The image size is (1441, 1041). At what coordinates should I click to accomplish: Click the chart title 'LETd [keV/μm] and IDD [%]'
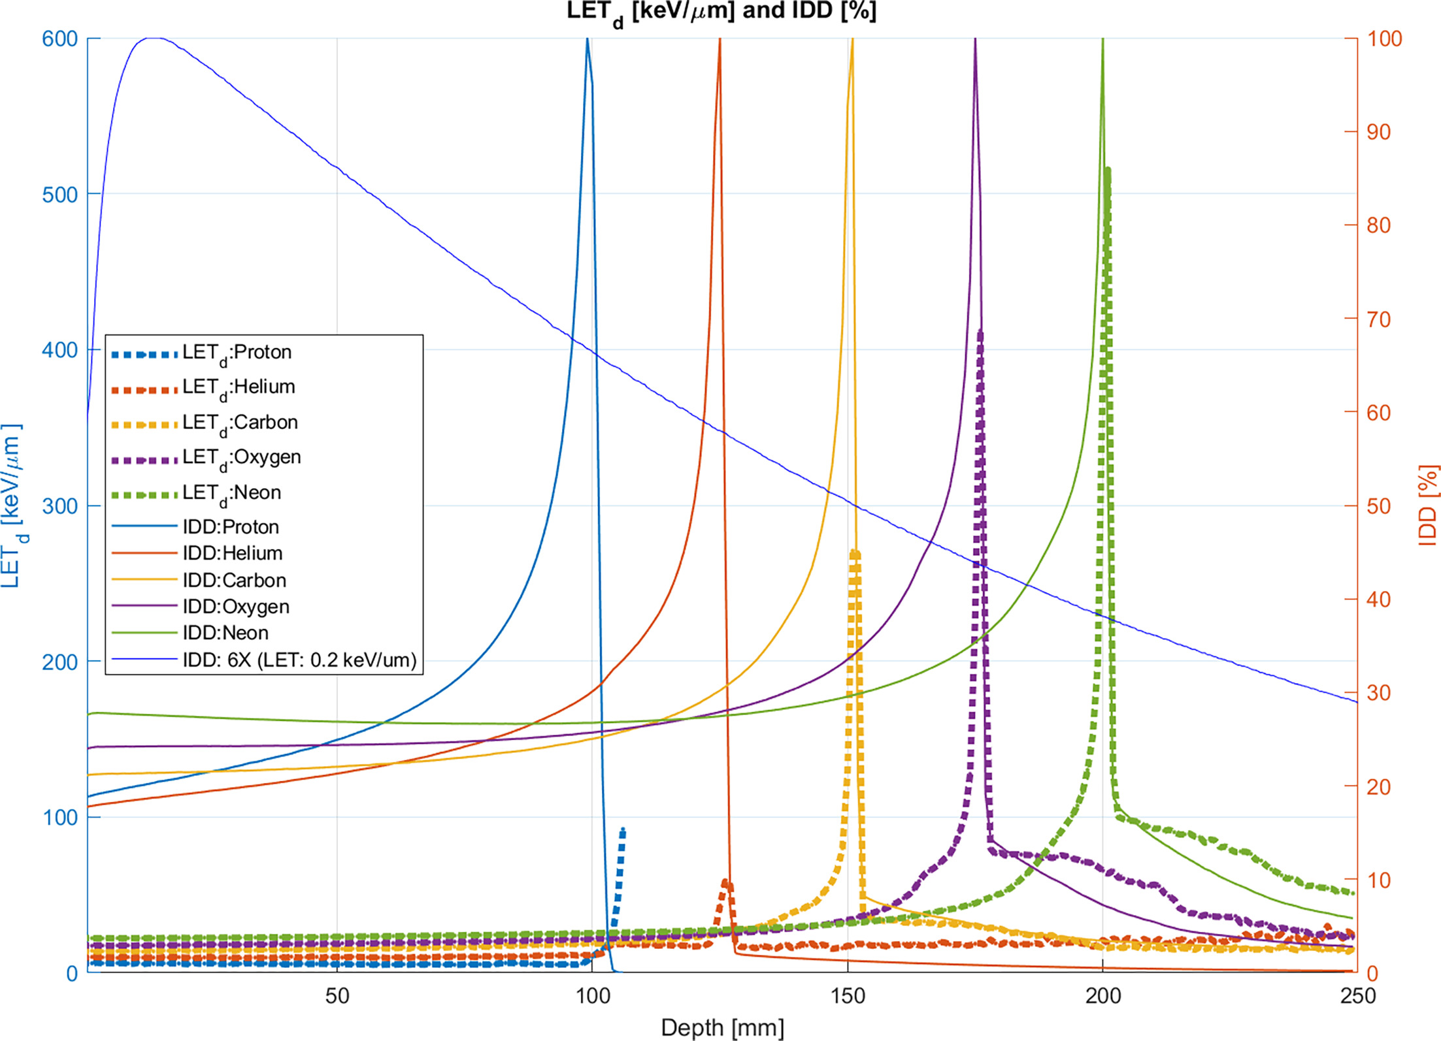click(721, 12)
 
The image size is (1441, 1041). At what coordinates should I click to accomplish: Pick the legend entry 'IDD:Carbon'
click(234, 580)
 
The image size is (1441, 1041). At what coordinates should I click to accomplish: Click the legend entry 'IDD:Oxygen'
click(235, 606)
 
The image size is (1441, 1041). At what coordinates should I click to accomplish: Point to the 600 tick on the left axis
click(59, 39)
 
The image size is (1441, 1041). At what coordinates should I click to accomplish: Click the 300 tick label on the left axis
click(59, 506)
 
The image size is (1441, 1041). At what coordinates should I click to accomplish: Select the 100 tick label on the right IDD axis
click(1384, 39)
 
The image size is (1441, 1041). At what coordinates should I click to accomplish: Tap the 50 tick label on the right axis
click(1378, 506)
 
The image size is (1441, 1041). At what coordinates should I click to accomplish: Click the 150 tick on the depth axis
click(848, 996)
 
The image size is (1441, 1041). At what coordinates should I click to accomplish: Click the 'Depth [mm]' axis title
click(721, 1027)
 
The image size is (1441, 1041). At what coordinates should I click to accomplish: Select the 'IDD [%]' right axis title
click(1429, 505)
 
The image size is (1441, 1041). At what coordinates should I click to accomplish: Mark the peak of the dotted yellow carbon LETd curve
click(854, 553)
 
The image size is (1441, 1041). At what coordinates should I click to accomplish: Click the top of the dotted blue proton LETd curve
click(623, 829)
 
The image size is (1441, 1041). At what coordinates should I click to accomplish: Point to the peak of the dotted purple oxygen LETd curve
click(980, 332)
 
